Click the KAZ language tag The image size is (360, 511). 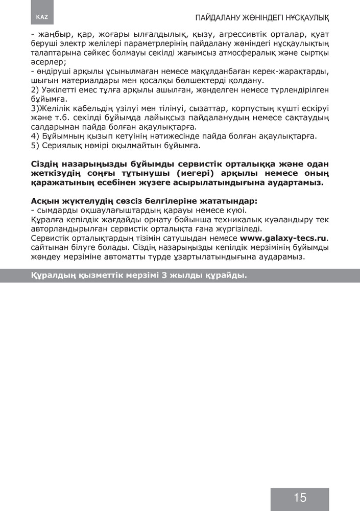42,17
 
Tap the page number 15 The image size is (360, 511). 300,497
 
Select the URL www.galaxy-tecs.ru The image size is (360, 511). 283,238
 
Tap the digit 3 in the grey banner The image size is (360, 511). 164,275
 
